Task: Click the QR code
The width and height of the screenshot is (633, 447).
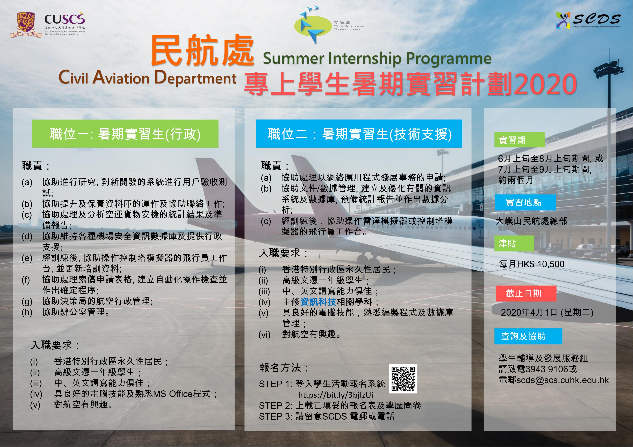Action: (x=403, y=379)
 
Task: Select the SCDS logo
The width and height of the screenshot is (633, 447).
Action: (x=588, y=20)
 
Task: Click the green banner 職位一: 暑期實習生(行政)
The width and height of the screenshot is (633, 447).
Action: (x=125, y=134)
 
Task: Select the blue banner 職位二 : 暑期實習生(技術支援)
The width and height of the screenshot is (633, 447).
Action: (x=359, y=134)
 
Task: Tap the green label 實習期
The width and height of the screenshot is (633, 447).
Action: (x=519, y=140)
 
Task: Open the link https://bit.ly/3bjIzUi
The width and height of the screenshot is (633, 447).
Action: (x=336, y=395)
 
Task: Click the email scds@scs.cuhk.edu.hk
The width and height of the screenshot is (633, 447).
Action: (x=562, y=380)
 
